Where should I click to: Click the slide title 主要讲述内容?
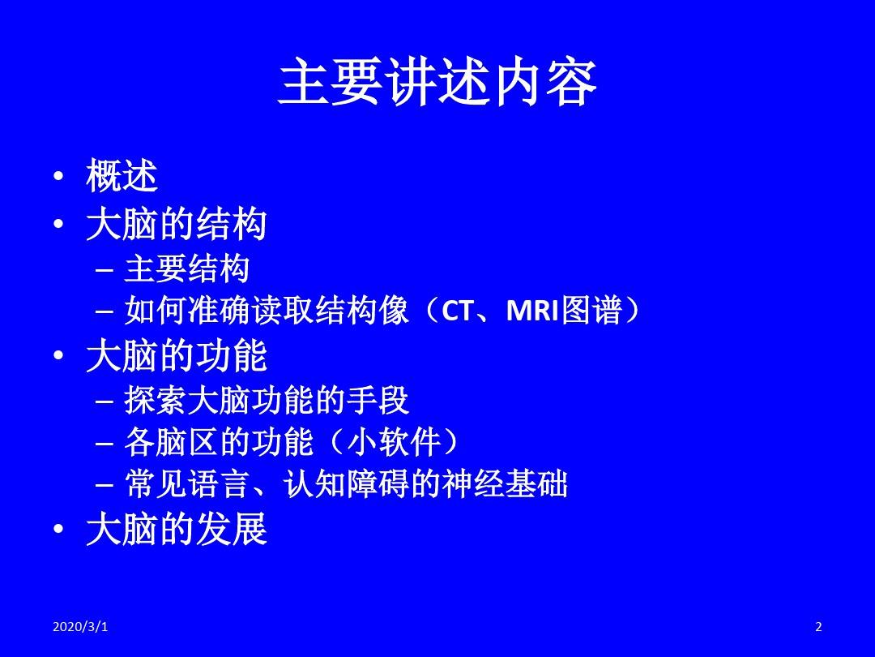(437, 82)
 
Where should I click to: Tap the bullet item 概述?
(122, 176)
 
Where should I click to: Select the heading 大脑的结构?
(177, 225)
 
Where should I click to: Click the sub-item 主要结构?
(186, 268)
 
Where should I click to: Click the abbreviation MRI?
(532, 311)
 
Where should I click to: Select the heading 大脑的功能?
(177, 356)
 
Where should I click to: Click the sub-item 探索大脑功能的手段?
(267, 401)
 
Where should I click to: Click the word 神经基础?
(505, 483)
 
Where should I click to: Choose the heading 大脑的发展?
(177, 529)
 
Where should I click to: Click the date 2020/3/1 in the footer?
(80, 627)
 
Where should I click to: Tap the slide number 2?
(818, 627)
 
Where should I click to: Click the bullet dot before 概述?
(58, 177)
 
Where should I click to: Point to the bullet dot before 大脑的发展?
(58, 529)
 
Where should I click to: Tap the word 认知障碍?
(346, 483)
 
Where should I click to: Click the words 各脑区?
(171, 443)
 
